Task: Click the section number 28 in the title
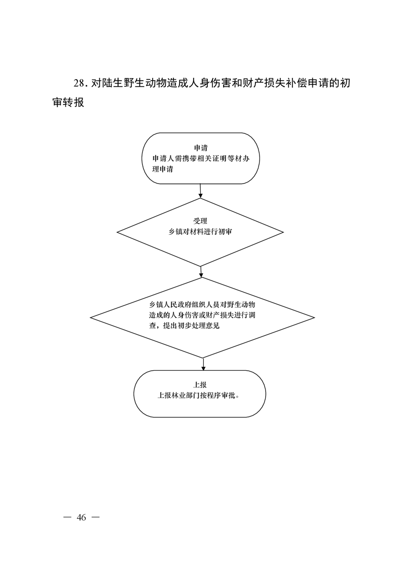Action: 79,84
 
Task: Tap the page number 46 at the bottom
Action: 81,517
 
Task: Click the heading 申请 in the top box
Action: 201,148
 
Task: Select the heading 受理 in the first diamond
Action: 200,221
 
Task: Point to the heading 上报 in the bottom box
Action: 200,385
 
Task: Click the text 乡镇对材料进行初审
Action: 200,232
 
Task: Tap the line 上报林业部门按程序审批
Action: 198,396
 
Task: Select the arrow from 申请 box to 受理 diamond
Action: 200,191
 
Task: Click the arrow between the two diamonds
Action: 201,272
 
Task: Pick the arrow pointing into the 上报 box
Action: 203,364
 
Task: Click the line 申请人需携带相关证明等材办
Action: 201,159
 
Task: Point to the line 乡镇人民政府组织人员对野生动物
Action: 202,304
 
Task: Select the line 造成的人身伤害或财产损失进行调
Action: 202,315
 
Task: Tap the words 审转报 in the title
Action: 68,102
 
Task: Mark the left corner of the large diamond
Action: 90,318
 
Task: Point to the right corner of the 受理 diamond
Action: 283,232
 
